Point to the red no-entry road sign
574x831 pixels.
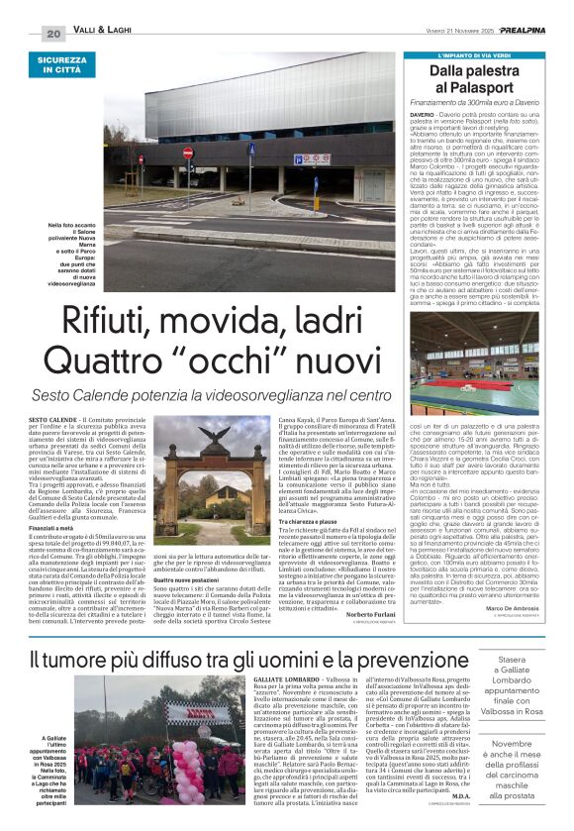[188, 154]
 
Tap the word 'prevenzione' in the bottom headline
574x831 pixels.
[371, 659]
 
